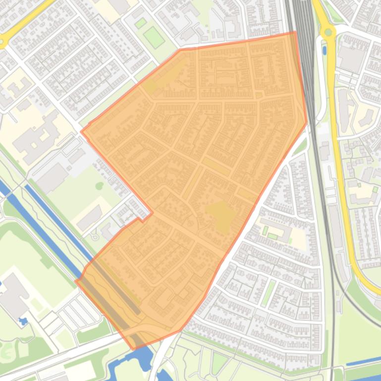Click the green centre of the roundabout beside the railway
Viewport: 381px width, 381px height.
tap(327, 33)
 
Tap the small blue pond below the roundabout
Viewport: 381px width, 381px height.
tap(324, 50)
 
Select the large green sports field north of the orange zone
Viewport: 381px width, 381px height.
tap(154, 38)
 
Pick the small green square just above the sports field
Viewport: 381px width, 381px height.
tap(141, 23)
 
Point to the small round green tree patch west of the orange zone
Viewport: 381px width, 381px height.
tap(100, 186)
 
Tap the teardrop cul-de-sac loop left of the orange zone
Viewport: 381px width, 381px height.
tap(94, 237)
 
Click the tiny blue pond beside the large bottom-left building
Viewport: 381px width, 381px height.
tap(22, 321)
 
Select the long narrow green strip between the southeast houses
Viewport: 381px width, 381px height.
tap(269, 292)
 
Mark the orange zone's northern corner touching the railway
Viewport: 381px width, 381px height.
tap(295, 32)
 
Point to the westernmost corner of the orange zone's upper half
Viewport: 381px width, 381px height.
tap(82, 132)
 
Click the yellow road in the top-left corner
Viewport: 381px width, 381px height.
tap(25, 22)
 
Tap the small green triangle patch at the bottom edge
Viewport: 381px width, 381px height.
tap(218, 363)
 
